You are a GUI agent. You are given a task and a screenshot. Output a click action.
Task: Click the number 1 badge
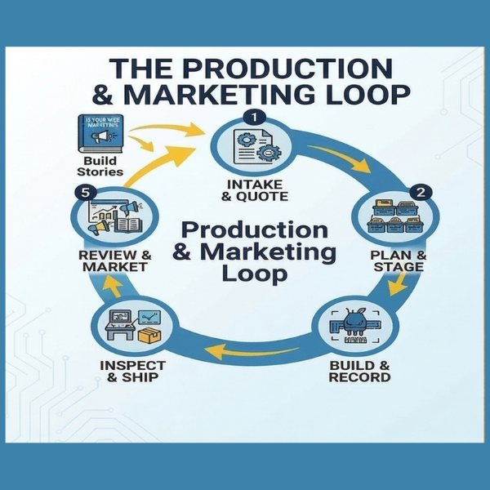(x=256, y=118)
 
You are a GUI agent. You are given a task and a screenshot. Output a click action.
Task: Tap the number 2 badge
(x=421, y=194)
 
